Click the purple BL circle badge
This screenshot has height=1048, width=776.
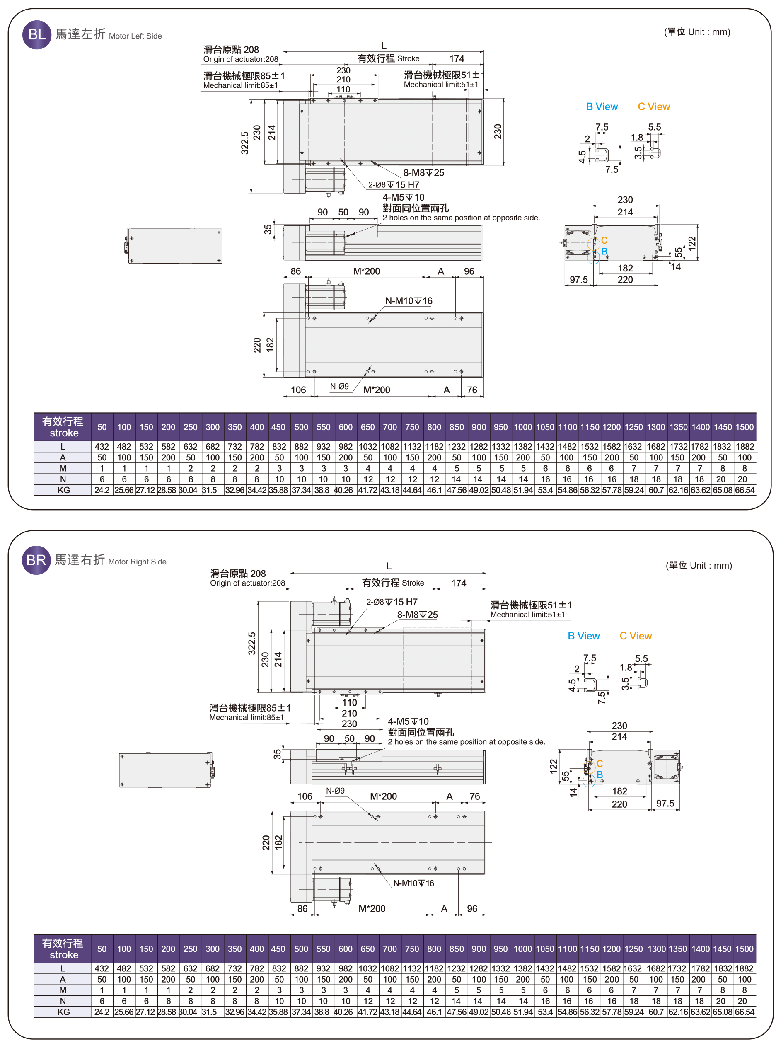pyautogui.click(x=36, y=34)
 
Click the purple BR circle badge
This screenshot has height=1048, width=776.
pyautogui.click(x=36, y=560)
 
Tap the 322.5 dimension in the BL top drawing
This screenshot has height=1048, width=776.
pyautogui.click(x=245, y=143)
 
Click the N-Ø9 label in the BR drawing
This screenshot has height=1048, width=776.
pyautogui.click(x=336, y=791)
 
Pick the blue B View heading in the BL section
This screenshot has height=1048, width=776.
pyautogui.click(x=602, y=106)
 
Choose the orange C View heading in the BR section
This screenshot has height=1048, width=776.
pyautogui.click(x=635, y=636)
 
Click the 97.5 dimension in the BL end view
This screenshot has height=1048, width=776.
pyautogui.click(x=579, y=280)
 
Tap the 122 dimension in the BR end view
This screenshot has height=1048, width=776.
pyautogui.click(x=554, y=766)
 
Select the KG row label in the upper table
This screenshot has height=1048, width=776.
pyautogui.click(x=63, y=490)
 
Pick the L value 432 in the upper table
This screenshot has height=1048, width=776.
pyautogui.click(x=102, y=447)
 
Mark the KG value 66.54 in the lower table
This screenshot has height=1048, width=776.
pyautogui.click(x=745, y=1012)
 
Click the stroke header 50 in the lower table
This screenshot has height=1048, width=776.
pyautogui.click(x=102, y=949)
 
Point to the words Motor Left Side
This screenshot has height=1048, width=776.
pyautogui.click(x=135, y=36)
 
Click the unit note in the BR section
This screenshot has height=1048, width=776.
pyautogui.click(x=699, y=565)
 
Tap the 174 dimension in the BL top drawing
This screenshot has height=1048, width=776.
pyautogui.click(x=457, y=59)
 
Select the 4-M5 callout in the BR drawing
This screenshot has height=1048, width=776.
pyautogui.click(x=408, y=721)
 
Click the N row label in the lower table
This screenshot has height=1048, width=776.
pyautogui.click(x=63, y=1001)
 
